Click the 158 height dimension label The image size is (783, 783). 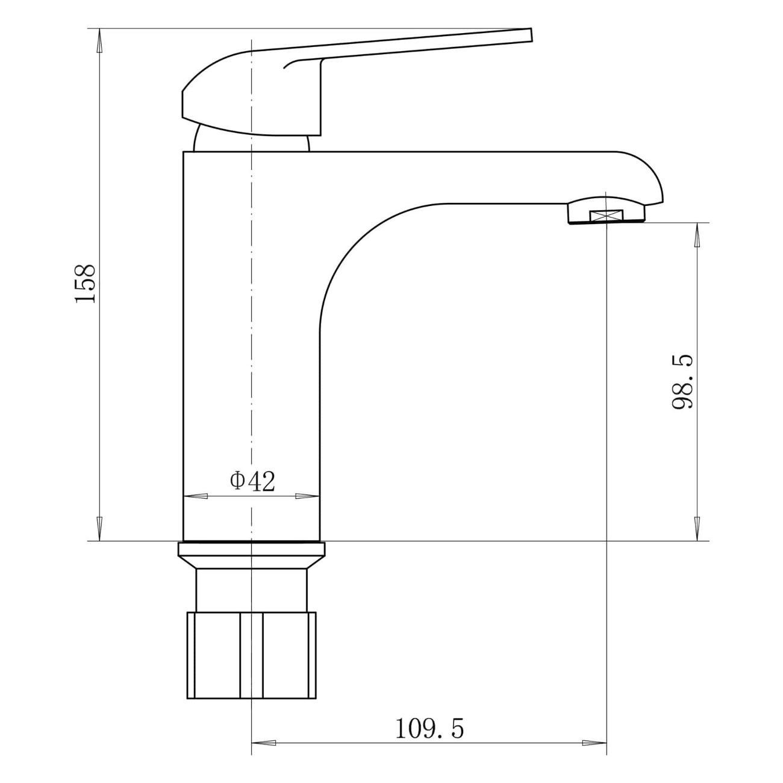[x=85, y=284]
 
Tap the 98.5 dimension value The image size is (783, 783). [x=682, y=382]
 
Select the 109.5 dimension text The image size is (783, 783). [x=430, y=729]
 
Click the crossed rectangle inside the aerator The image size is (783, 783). [x=607, y=215]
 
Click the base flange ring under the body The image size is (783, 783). [x=251, y=549]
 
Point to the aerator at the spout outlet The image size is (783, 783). [x=607, y=212]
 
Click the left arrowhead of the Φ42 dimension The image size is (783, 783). [x=194, y=496]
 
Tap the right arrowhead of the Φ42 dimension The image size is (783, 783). [x=308, y=496]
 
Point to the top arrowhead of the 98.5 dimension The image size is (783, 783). [x=697, y=234]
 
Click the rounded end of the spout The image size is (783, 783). [x=654, y=181]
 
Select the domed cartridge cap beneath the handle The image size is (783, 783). [x=252, y=140]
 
